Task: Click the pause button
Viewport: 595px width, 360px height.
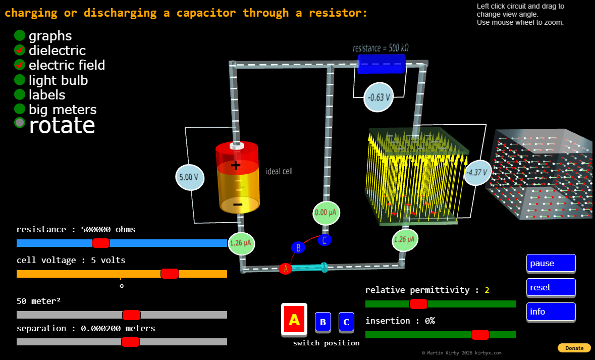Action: (x=551, y=263)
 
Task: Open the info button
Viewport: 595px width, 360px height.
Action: (x=551, y=312)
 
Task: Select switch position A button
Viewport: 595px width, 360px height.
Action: (x=294, y=320)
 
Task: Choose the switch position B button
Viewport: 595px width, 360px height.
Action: (x=323, y=322)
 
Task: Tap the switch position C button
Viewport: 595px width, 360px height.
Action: (x=346, y=322)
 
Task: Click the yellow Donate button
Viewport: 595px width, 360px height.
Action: (x=574, y=348)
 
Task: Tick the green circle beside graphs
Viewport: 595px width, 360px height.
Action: (x=20, y=35)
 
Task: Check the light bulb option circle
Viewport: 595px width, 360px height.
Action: (x=20, y=80)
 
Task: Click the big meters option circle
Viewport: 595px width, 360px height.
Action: (x=20, y=109)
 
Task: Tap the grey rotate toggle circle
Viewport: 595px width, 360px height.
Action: (x=20, y=122)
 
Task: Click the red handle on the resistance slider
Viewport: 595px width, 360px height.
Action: (x=101, y=243)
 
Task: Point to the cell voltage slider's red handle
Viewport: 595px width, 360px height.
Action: (x=170, y=274)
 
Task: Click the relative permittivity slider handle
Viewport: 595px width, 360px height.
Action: (x=418, y=304)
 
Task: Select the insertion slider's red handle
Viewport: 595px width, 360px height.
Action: (x=480, y=335)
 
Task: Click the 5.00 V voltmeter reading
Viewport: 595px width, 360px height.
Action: (x=190, y=177)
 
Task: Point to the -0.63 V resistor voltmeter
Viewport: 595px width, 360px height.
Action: (x=378, y=97)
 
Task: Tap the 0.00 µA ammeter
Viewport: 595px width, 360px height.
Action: (x=326, y=213)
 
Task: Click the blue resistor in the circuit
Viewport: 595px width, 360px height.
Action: (x=382, y=64)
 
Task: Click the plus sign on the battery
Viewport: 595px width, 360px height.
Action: (x=236, y=165)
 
